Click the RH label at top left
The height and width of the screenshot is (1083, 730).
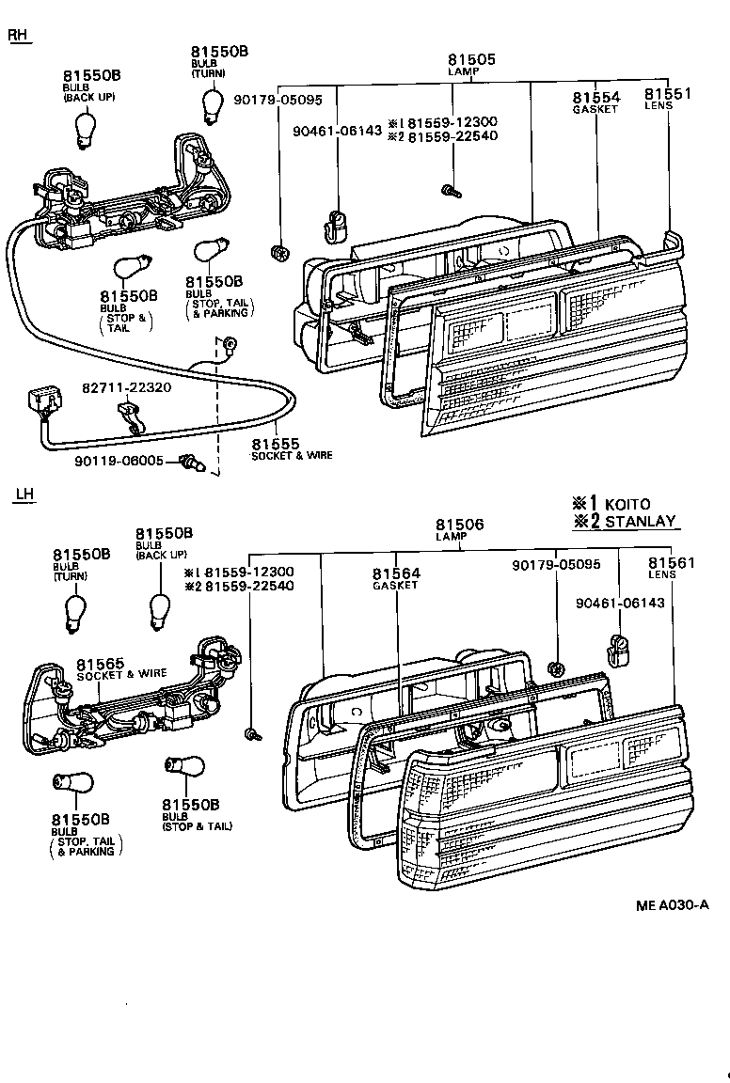coord(18,36)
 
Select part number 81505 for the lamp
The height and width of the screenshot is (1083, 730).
coord(473,60)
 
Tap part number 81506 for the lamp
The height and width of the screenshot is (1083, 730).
coord(459,525)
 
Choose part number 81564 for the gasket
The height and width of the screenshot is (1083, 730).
coord(396,573)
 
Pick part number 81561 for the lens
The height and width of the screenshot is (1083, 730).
coord(671,563)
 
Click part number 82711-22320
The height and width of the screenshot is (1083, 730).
coord(126,386)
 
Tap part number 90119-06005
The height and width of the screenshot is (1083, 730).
coord(119,462)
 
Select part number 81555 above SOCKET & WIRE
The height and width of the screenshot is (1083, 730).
coord(276,444)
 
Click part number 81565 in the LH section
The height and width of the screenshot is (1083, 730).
coord(101,662)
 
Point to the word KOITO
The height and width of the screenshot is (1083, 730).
coord(627,505)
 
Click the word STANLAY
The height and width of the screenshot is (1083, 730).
coord(640,522)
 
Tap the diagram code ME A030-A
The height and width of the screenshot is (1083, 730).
coord(672,905)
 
